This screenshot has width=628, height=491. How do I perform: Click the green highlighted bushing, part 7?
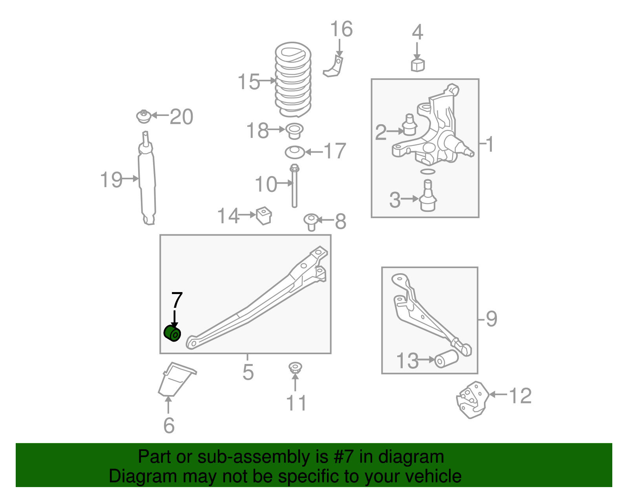(172, 333)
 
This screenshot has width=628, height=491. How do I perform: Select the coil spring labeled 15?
(293, 79)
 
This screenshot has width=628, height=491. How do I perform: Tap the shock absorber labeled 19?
(147, 178)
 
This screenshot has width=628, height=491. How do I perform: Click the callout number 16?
(341, 29)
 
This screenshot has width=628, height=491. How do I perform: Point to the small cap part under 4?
(418, 65)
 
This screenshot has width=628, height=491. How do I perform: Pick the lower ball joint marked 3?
(428, 195)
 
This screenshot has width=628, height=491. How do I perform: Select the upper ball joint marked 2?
(409, 125)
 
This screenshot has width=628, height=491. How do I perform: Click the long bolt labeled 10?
(294, 186)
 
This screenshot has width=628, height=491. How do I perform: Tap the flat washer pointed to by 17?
(295, 152)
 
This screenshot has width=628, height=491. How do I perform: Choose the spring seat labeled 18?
(294, 131)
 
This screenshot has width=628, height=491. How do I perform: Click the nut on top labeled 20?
(144, 116)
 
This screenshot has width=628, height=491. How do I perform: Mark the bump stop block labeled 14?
(264, 215)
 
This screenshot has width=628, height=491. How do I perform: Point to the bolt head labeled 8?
(311, 222)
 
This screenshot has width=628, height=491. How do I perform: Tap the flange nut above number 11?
(295, 368)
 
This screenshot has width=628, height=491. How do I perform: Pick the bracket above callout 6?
(177, 379)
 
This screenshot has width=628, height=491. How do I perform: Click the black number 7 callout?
(177, 300)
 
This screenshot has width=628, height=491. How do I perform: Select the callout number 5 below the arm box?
(248, 372)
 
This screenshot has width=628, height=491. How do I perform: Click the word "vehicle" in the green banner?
(433, 476)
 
